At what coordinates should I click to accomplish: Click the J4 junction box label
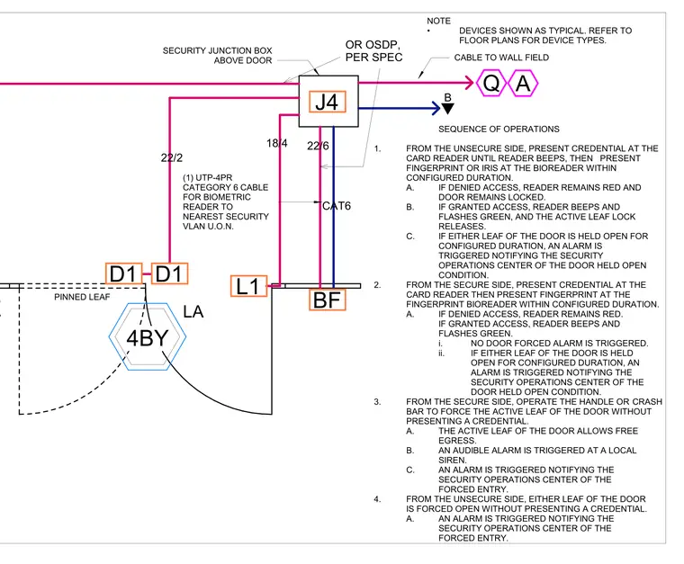tap(328, 102)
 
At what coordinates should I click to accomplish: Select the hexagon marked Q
tap(491, 83)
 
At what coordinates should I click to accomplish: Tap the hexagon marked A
tap(523, 83)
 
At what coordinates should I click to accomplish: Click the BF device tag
tap(328, 300)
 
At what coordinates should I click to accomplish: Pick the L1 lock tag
tap(248, 286)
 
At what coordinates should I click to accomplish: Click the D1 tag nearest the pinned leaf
tap(124, 273)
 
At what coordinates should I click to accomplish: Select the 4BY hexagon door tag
tap(148, 337)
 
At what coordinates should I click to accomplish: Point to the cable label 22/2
tap(172, 157)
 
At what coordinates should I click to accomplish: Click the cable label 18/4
tap(277, 143)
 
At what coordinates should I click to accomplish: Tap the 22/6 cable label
tap(318, 146)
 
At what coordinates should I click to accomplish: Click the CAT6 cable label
tap(337, 206)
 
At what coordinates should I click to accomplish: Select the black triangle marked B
tap(448, 109)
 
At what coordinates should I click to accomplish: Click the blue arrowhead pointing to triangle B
tap(436, 108)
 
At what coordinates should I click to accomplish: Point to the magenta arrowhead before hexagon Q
tap(470, 83)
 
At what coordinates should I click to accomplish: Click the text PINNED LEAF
tap(82, 297)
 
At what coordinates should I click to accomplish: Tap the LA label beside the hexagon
tap(193, 312)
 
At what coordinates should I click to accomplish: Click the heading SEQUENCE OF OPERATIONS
tap(499, 129)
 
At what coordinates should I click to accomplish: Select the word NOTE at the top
tap(439, 21)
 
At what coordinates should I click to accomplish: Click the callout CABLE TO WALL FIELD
tap(501, 58)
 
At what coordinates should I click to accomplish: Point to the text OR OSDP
tap(373, 45)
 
